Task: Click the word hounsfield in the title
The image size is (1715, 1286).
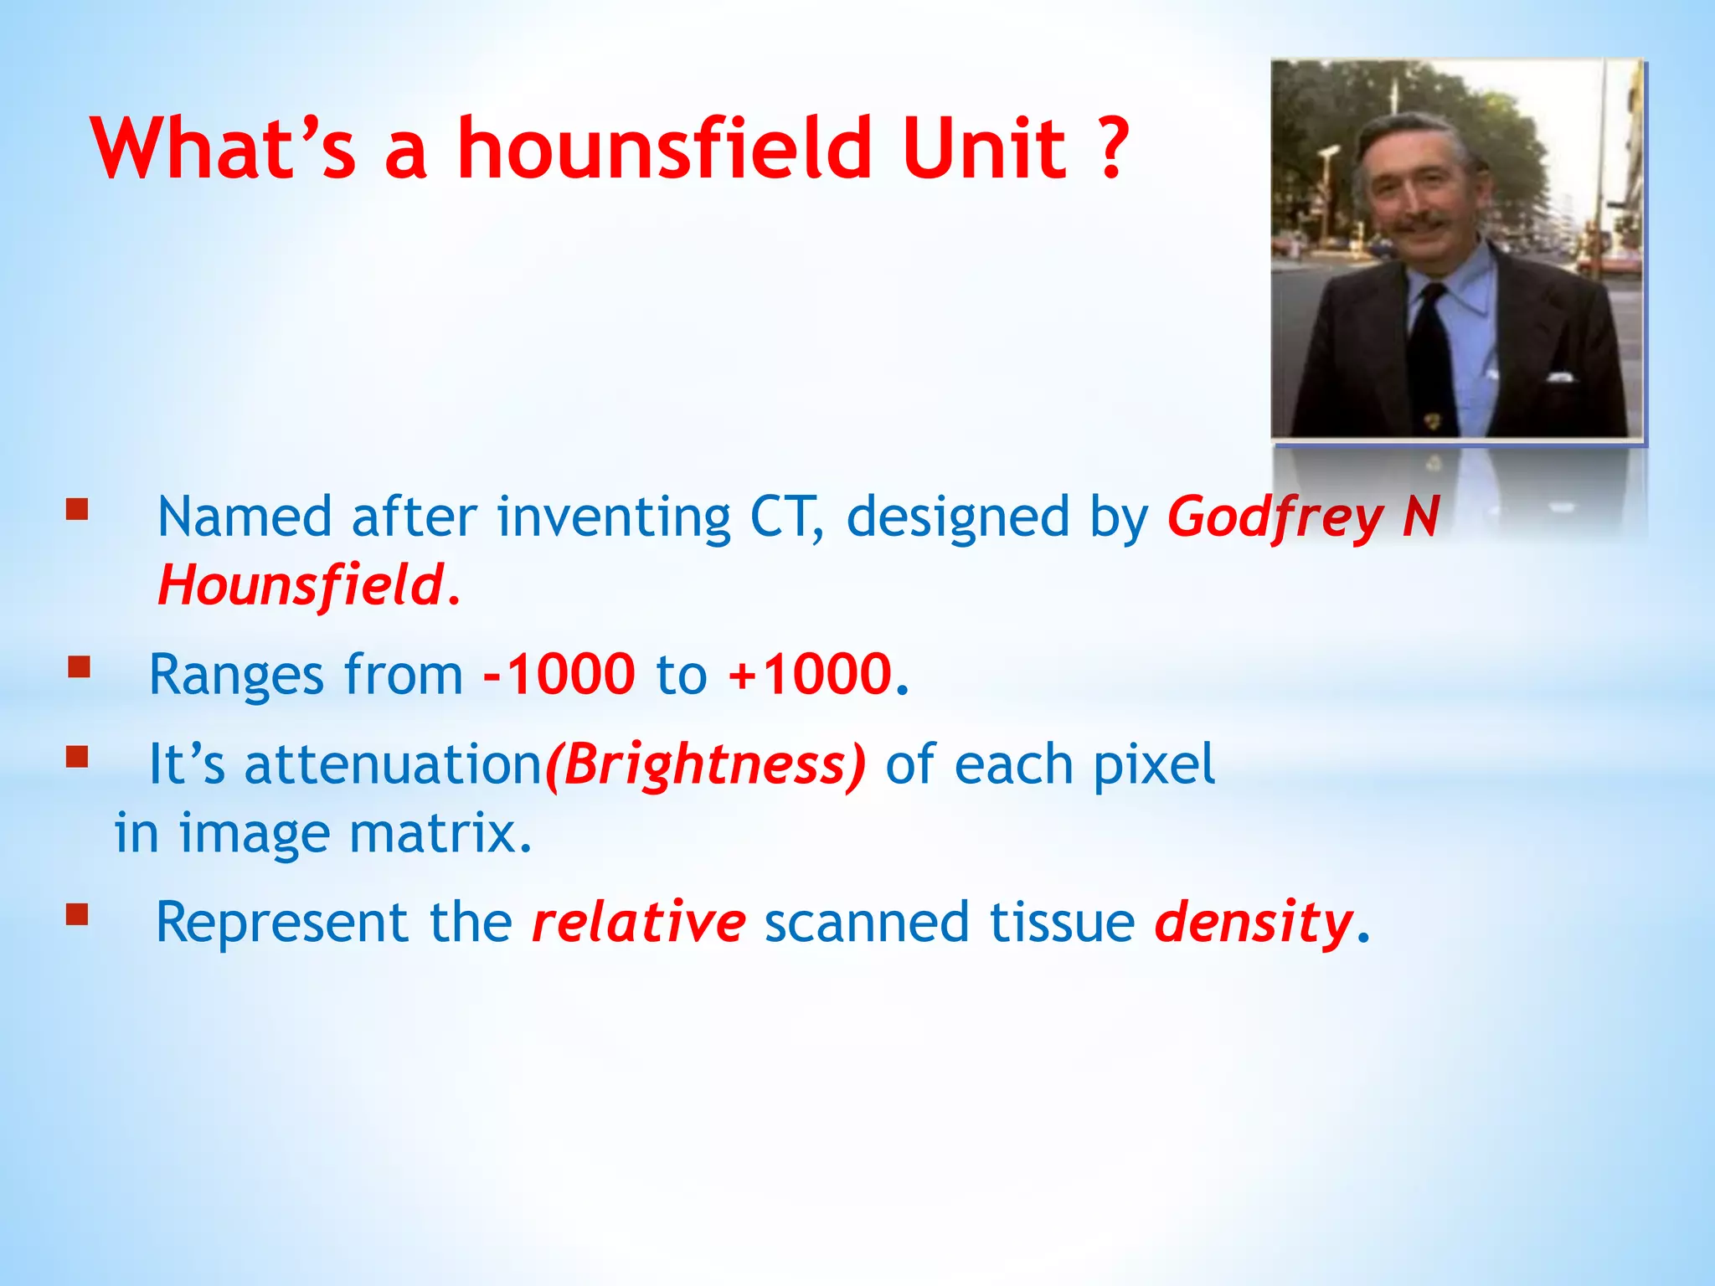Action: [665, 149]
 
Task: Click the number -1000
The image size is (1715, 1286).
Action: [559, 674]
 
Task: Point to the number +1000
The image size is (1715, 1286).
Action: [810, 674]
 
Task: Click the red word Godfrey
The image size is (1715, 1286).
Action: [1275, 517]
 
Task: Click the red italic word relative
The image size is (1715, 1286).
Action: [638, 922]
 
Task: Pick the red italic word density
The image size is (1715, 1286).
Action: [1253, 923]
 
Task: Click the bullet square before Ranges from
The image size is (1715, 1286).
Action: [79, 667]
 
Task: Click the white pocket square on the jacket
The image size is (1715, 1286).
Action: [1559, 378]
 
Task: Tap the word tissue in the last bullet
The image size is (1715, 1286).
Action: [1062, 922]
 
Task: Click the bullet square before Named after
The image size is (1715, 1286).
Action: [77, 510]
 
